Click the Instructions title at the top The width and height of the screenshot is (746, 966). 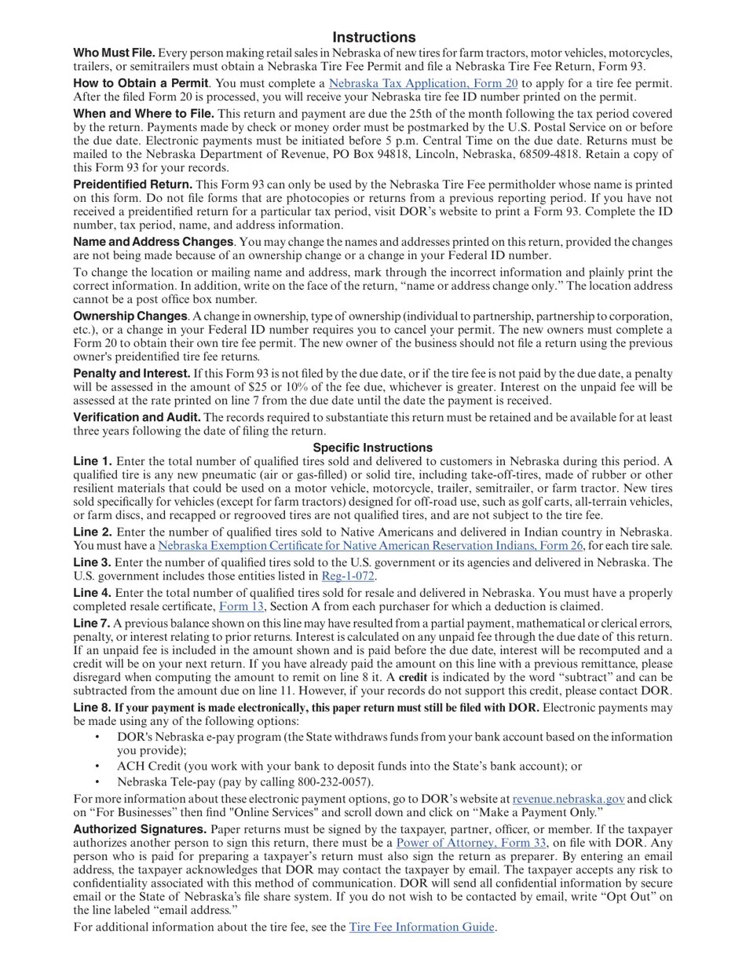(x=374, y=37)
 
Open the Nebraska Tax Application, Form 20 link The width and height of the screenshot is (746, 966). (x=422, y=83)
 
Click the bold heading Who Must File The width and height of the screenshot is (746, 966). (x=114, y=53)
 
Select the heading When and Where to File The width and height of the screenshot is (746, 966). (x=144, y=113)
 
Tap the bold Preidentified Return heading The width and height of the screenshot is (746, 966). (x=133, y=184)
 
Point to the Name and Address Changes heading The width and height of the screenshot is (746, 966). (x=153, y=242)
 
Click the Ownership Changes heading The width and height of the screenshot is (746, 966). (x=130, y=316)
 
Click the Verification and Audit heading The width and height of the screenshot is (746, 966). (x=137, y=417)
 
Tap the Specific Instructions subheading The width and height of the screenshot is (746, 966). (x=373, y=448)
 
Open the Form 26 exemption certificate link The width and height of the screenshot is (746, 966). (x=370, y=545)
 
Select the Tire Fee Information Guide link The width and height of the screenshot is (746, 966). (x=422, y=927)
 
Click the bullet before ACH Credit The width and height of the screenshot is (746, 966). (x=97, y=766)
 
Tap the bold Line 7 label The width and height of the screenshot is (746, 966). (x=92, y=623)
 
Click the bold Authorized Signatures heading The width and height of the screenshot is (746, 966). (x=140, y=829)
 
